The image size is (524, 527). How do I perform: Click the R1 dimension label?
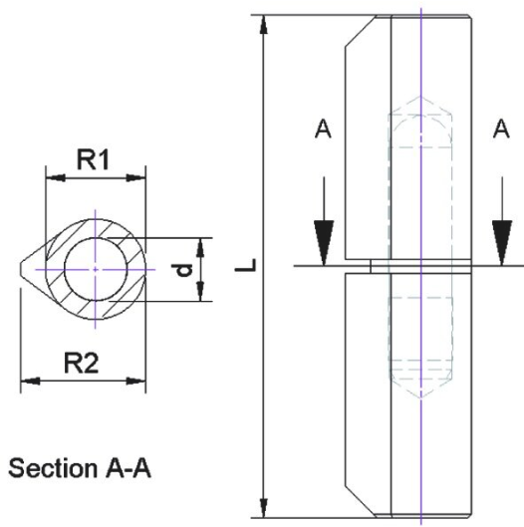point(94,159)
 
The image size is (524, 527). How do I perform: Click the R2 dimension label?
point(82,364)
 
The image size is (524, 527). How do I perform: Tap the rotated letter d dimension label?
point(184,270)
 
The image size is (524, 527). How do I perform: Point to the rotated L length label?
point(246,265)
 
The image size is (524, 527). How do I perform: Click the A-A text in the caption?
point(129,468)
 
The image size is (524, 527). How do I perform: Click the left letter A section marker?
point(323,130)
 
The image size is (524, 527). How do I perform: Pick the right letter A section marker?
point(501,130)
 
